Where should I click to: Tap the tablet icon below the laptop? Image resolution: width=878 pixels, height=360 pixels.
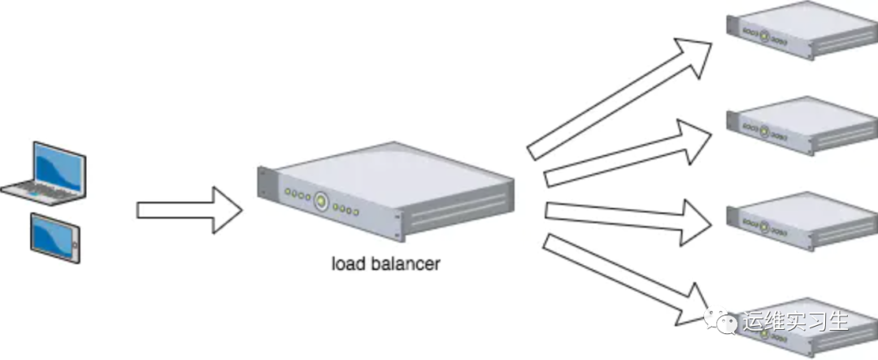tap(55, 237)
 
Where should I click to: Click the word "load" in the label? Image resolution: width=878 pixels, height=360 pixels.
tap(347, 263)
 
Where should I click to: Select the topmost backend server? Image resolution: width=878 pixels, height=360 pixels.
tap(802, 30)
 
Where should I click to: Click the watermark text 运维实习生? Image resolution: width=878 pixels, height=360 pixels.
tap(795, 322)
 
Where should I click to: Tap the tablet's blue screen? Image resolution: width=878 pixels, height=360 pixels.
tap(54, 237)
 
